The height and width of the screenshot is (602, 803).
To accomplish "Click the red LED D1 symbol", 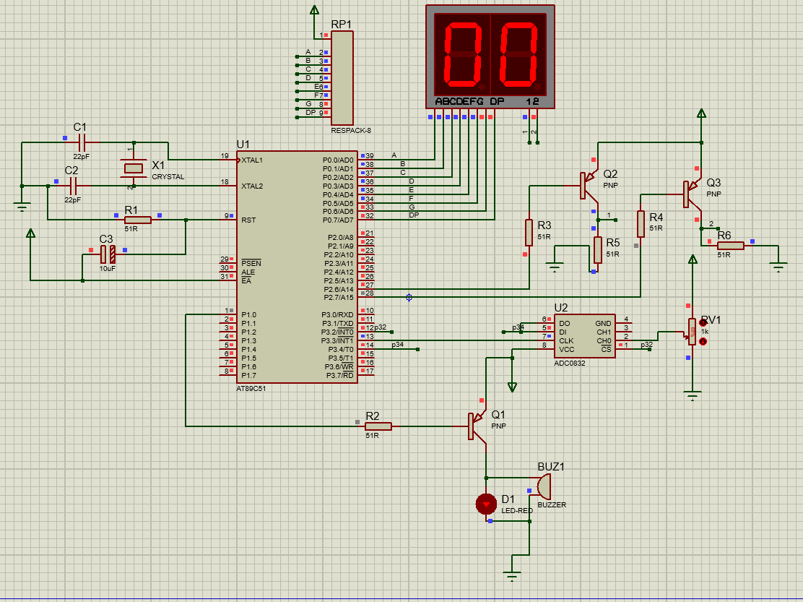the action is (486, 504).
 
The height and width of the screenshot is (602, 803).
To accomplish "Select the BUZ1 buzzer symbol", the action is (543, 486).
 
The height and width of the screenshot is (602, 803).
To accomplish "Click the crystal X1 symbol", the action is (133, 168).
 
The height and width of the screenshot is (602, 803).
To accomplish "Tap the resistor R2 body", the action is (378, 426).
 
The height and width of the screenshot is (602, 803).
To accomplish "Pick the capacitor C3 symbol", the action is (108, 254).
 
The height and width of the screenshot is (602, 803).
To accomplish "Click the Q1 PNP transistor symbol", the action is (477, 426).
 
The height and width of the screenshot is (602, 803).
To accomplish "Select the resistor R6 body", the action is (730, 246).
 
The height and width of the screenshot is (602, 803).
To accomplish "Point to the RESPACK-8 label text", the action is (351, 131).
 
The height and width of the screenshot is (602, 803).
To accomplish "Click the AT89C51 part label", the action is (251, 388).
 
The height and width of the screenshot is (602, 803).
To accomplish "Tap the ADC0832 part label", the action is (570, 364).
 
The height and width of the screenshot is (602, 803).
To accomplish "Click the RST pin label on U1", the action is (248, 220).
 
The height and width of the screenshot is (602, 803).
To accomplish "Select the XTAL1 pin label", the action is (252, 160).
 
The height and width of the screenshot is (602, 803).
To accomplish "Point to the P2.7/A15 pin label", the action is (339, 298).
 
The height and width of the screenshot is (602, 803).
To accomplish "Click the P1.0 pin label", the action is (249, 315).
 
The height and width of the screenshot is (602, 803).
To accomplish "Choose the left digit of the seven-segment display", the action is (462, 55).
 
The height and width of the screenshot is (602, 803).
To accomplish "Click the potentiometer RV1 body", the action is (692, 332).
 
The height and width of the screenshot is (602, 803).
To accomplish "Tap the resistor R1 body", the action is (138, 220).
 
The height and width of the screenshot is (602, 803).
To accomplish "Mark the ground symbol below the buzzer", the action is (512, 576).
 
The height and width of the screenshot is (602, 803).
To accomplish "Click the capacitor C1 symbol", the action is (80, 143).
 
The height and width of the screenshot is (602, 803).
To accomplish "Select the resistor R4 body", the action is (641, 223).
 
